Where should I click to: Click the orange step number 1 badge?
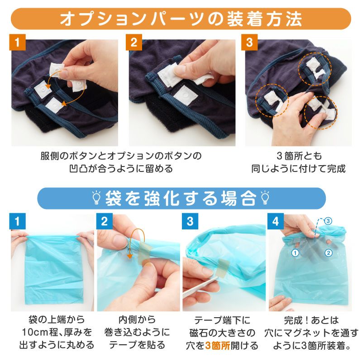click(x=17, y=42)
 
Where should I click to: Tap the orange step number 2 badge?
click(x=134, y=42)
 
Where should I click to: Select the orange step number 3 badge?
click(x=249, y=42)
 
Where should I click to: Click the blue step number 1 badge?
click(x=17, y=221)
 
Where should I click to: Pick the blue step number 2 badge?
click(x=105, y=221)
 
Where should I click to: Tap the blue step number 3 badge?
click(x=190, y=221)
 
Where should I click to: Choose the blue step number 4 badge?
click(x=276, y=221)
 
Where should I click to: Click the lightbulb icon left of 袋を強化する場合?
click(x=96, y=198)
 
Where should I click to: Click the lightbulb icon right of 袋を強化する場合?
click(x=265, y=198)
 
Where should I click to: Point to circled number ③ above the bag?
click(x=328, y=221)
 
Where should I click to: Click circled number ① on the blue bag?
click(x=295, y=253)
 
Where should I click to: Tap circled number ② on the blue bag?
click(x=329, y=253)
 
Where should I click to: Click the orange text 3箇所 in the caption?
click(x=218, y=346)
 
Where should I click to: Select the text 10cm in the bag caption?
click(x=33, y=333)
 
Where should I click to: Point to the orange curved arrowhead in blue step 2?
click(x=130, y=256)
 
